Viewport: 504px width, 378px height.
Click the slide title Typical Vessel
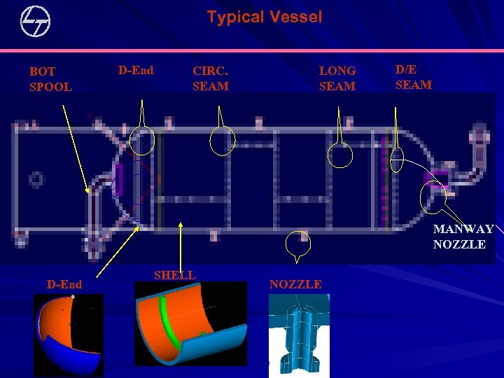pos(264,17)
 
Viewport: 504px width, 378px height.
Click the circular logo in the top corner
pos(36,22)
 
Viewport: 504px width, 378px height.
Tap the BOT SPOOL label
pos(50,79)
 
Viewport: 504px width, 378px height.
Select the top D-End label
pos(136,70)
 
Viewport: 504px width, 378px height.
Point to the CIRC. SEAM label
pos(210,78)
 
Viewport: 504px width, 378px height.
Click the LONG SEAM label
pos(337,78)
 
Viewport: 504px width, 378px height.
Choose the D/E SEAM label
pos(414,77)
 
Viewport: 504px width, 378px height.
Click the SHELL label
pos(174,275)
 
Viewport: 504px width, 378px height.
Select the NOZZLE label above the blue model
pos(295,284)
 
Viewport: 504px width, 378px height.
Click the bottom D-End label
pos(64,284)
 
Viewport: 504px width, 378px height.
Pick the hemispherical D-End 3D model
pos(66,335)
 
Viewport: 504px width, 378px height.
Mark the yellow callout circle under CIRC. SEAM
pos(223,141)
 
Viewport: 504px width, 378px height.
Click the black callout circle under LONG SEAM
pos(341,155)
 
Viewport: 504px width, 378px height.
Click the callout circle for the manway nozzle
pos(433,198)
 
